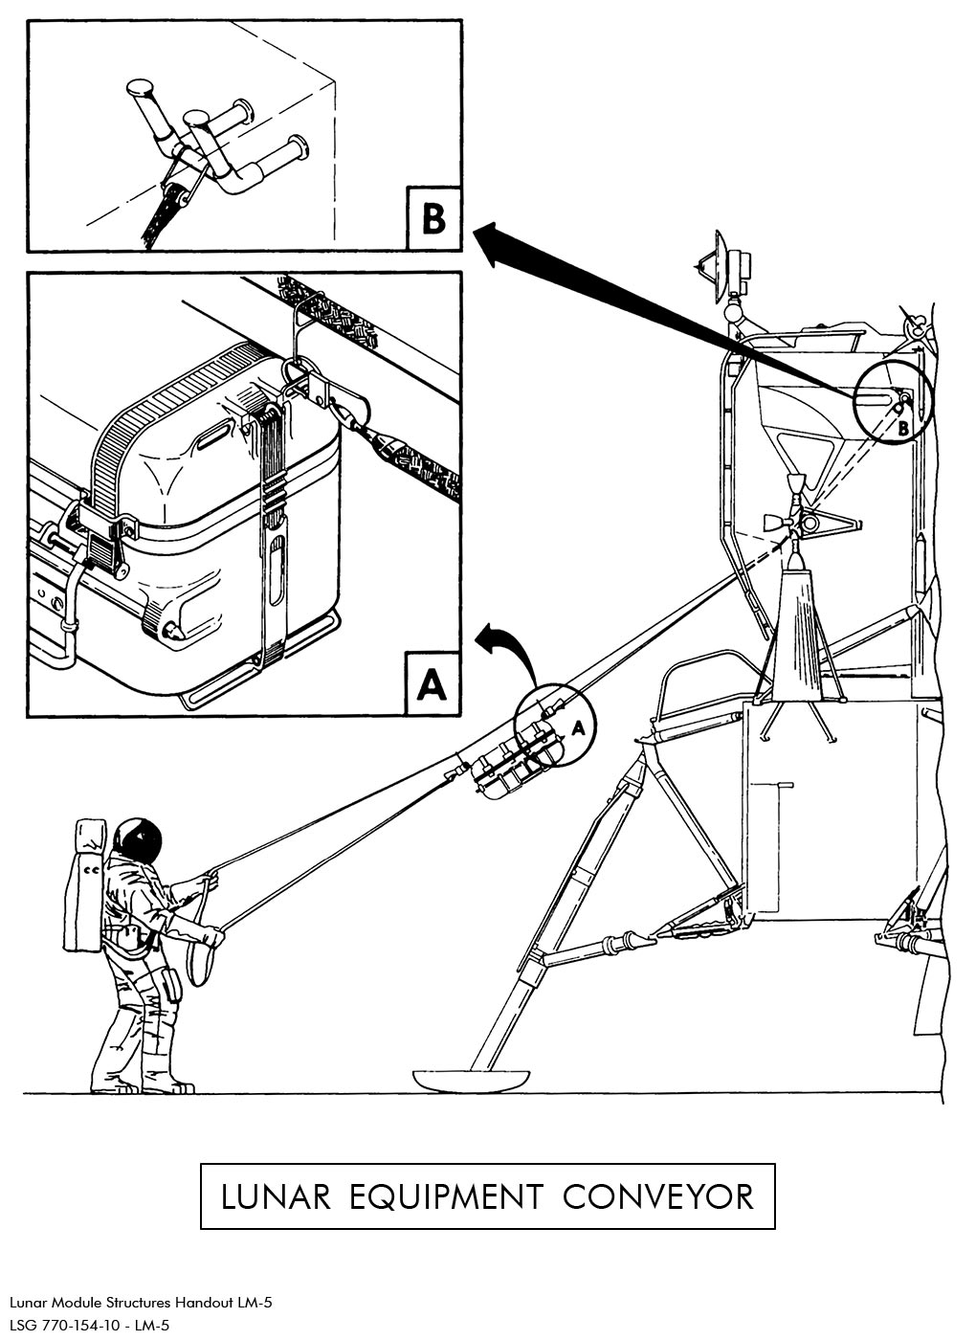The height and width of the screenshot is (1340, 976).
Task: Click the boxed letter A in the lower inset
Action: coord(432,683)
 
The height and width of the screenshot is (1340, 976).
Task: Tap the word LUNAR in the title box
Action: coord(276,1196)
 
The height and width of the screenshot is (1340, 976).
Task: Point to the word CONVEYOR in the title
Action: coord(658,1196)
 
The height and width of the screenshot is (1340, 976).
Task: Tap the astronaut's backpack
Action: coord(84,885)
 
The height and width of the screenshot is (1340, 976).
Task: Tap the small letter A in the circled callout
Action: coord(577,728)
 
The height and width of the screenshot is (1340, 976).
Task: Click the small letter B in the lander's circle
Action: coord(902,430)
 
